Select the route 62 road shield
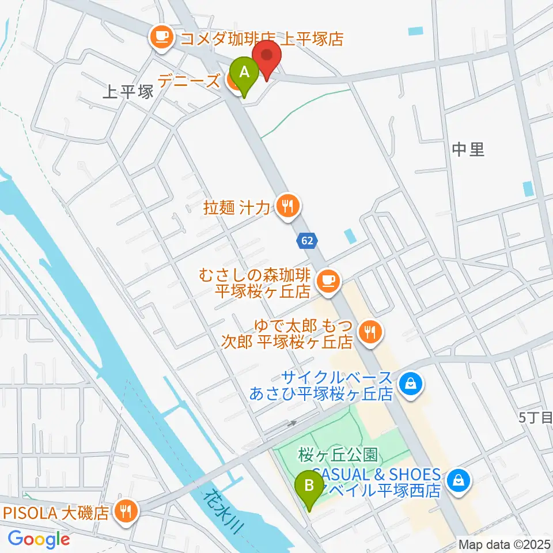coord(307,241)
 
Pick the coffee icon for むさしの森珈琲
coord(328,281)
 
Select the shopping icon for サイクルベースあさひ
coord(411,383)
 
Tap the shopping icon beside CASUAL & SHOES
coord(459,479)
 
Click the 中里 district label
coord(468,150)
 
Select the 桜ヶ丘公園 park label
coord(338,456)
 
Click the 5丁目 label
coord(536,419)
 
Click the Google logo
coord(39,539)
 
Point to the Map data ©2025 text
coord(504,544)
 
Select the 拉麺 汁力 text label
coord(237,207)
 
